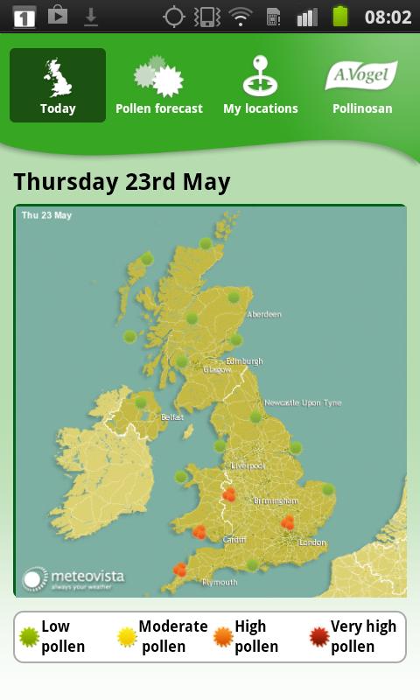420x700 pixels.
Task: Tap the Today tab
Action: point(58,86)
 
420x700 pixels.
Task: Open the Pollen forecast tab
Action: point(158,86)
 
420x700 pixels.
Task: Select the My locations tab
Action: point(260,86)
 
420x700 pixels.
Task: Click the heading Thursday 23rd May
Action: point(122,182)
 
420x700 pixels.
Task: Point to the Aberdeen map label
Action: point(263,314)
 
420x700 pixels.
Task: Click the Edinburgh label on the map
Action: point(244,360)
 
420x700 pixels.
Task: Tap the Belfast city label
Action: point(172,417)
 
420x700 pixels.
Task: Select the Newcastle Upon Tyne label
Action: point(303,402)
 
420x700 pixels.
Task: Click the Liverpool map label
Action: point(248,465)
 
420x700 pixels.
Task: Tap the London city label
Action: point(312,542)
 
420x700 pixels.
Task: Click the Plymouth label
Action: point(219,582)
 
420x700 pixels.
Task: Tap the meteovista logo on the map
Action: point(73,577)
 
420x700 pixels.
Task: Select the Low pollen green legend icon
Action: point(30,636)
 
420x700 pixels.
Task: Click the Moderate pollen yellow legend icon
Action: point(128,636)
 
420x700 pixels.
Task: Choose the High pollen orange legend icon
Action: point(223,636)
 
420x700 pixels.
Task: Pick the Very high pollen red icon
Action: point(319,636)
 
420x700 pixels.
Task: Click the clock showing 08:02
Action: point(388,17)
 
